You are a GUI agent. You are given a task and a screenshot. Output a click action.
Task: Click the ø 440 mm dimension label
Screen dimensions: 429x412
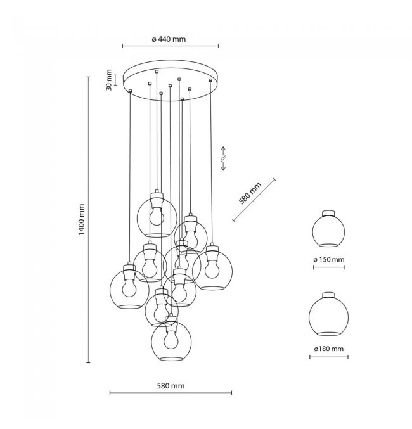point(169,39)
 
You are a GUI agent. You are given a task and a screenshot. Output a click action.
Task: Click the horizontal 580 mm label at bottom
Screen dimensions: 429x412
point(169,386)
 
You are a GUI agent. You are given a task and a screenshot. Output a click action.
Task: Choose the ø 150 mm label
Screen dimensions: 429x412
point(329,260)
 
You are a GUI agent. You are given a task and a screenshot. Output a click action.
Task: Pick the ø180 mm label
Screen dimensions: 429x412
point(329,349)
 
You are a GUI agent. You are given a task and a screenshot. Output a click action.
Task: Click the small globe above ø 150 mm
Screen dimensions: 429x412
point(329,232)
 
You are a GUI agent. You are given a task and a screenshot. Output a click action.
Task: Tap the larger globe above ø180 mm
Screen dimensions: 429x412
point(329,316)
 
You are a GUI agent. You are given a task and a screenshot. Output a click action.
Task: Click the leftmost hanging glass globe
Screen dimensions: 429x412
point(130,289)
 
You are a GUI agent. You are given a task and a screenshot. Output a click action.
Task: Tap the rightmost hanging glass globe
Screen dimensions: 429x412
point(211,269)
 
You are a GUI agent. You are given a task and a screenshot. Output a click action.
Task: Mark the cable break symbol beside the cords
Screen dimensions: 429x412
point(223,157)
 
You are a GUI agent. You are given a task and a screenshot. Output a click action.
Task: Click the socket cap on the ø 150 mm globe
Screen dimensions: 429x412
point(328,213)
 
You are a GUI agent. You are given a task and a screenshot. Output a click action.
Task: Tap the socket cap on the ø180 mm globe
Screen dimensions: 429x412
point(329,294)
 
